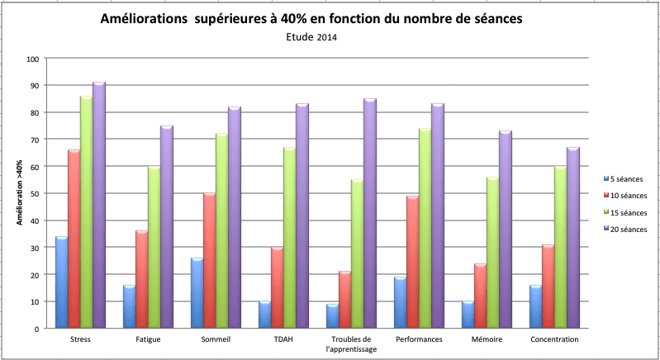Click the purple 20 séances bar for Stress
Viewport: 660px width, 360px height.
point(99,206)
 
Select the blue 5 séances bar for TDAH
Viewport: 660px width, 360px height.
point(264,315)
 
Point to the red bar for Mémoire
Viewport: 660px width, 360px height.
point(481,296)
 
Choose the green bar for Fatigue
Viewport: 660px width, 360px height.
point(154,248)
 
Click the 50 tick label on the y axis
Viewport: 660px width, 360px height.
point(36,194)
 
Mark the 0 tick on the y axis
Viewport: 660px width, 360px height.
point(38,329)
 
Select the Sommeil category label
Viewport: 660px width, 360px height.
point(216,339)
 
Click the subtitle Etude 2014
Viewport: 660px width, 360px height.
point(312,37)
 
